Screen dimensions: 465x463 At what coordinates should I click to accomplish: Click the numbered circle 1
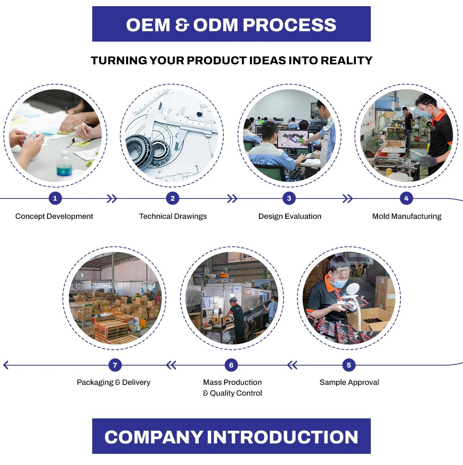click(x=55, y=198)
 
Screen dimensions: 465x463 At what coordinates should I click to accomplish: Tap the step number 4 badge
click(x=406, y=198)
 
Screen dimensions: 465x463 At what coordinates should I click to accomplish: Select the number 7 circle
click(x=115, y=365)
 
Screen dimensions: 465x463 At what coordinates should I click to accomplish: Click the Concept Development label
click(x=54, y=216)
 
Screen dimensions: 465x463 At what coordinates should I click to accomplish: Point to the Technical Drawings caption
click(x=173, y=216)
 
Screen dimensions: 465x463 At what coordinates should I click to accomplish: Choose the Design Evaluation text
click(x=290, y=216)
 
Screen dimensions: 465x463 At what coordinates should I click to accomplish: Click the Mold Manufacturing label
click(x=407, y=216)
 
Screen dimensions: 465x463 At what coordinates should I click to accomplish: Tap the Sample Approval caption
click(x=349, y=382)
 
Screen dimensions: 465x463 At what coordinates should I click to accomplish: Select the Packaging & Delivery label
click(x=113, y=382)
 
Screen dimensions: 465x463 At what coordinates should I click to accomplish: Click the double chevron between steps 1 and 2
click(x=112, y=199)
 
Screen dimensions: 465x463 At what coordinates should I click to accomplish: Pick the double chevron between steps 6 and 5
click(x=292, y=365)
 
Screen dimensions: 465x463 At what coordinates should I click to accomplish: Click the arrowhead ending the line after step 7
click(x=5, y=365)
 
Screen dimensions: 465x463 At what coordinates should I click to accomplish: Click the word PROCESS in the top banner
click(x=289, y=25)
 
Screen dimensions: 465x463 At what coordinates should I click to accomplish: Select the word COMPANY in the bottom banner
click(x=154, y=437)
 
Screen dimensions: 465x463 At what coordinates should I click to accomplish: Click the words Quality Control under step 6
click(x=236, y=393)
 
